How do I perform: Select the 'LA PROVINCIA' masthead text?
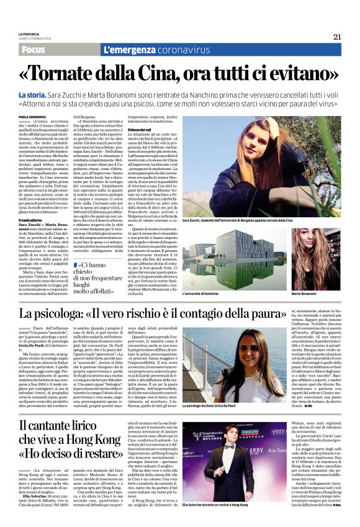tap(28, 34)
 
